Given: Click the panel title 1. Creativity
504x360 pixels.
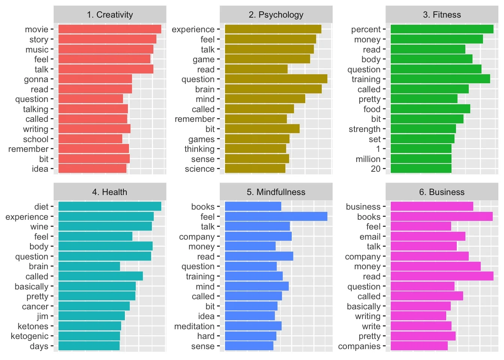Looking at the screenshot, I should click(x=110, y=15).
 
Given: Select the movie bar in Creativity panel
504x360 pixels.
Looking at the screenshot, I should click(x=110, y=29).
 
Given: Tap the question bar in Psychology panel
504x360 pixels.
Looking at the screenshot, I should click(x=276, y=79).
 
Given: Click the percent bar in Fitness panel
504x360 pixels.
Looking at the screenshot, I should click(x=442, y=29).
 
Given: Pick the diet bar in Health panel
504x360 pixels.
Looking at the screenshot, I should click(x=110, y=207).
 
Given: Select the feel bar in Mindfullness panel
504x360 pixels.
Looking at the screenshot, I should click(x=276, y=217).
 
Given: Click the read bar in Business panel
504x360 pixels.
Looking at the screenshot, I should click(x=442, y=276).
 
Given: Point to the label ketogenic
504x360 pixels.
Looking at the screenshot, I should click(x=30, y=336).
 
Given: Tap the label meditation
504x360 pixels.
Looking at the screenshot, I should click(x=194, y=326).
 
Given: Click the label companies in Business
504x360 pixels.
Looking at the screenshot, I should click(x=359, y=346).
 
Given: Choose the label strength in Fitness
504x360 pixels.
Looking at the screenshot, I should click(x=364, y=129).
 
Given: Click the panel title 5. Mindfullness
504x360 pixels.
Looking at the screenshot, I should click(x=276, y=192).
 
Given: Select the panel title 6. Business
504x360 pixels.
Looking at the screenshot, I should click(x=442, y=192).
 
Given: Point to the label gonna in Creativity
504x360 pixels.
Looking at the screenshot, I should click(x=36, y=79).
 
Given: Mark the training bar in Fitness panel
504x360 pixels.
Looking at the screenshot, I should click(x=440, y=79).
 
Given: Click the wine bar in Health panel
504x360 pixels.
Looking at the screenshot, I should click(x=105, y=226).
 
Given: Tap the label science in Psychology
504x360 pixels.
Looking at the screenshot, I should click(x=199, y=169).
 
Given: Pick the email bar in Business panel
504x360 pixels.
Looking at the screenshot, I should click(x=428, y=237).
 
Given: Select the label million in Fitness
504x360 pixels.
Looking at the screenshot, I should click(x=368, y=159).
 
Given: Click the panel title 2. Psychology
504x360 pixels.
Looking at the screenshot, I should click(x=276, y=15).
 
